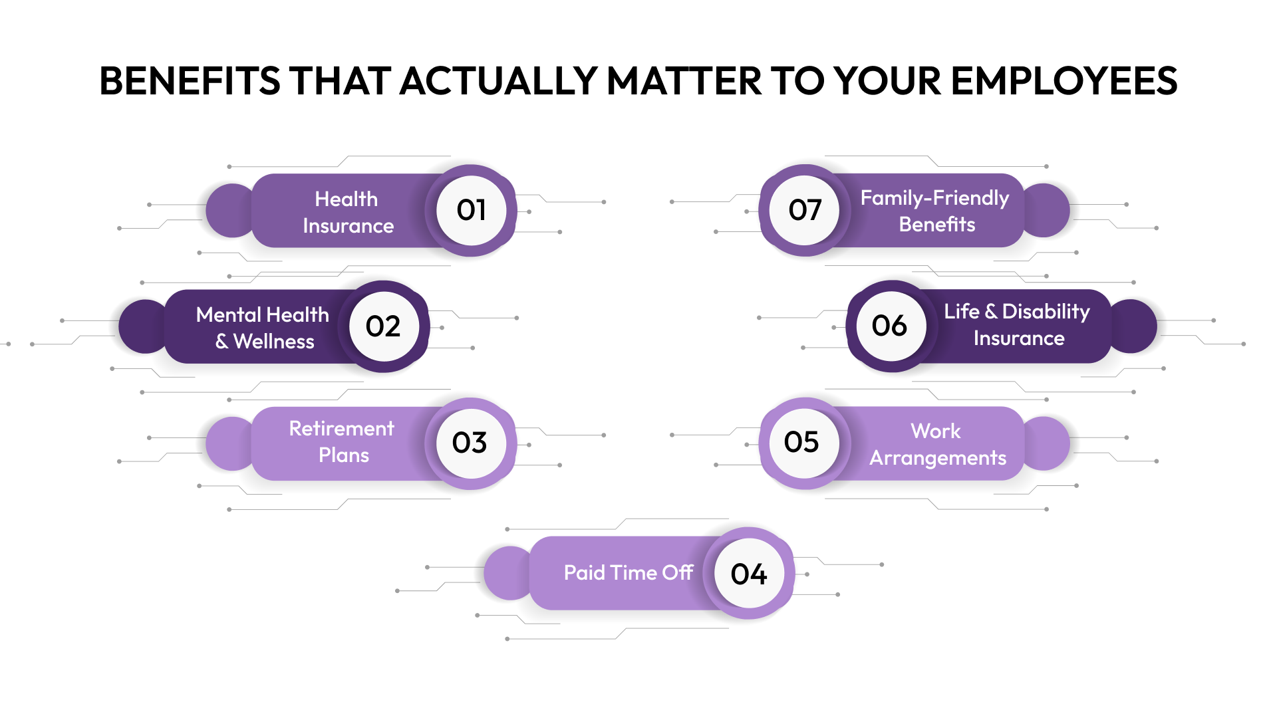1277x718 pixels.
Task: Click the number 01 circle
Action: [471, 210]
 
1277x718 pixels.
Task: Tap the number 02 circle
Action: [383, 326]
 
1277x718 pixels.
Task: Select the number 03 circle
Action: [470, 443]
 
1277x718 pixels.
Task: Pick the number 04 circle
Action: [749, 574]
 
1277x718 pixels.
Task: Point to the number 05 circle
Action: [802, 442]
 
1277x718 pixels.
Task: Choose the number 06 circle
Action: [890, 326]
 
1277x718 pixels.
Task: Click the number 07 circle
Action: [805, 210]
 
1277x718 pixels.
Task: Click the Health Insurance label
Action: [347, 212]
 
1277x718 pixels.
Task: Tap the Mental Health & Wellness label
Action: [263, 328]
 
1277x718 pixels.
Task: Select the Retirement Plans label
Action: [342, 441]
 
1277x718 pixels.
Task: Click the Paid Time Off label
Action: [628, 572]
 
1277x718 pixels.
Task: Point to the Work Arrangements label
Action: [937, 444]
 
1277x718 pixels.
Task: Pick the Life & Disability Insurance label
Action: [1017, 324]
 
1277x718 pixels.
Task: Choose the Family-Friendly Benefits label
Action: [935, 211]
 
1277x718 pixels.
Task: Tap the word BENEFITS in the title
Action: [190, 81]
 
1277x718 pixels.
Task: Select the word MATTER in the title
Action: [684, 81]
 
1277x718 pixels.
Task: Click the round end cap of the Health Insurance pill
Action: [229, 211]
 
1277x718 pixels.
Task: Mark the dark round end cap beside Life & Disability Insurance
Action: [1135, 326]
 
